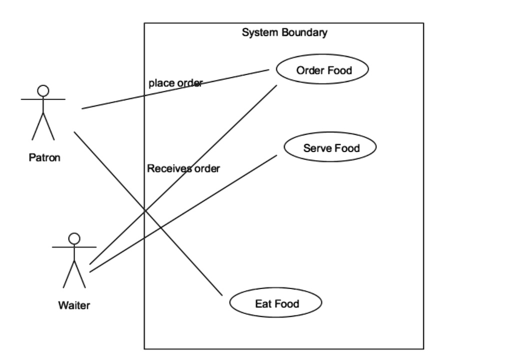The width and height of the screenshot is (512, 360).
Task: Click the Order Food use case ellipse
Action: tap(322, 69)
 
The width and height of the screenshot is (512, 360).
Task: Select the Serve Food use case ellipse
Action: tap(330, 147)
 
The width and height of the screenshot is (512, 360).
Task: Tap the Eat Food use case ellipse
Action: tap(275, 303)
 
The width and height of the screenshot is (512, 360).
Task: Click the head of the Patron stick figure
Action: tap(43, 90)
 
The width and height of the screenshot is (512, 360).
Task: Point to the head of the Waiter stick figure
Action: tap(74, 238)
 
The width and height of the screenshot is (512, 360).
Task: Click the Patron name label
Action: tap(44, 158)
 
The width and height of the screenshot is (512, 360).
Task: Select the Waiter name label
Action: tap(74, 305)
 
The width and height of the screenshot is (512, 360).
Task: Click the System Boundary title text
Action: tap(284, 33)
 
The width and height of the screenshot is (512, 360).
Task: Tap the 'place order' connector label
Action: tap(175, 83)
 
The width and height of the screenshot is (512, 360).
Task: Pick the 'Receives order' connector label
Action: tap(183, 168)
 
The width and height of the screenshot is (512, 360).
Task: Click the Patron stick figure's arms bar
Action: tap(43, 99)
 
